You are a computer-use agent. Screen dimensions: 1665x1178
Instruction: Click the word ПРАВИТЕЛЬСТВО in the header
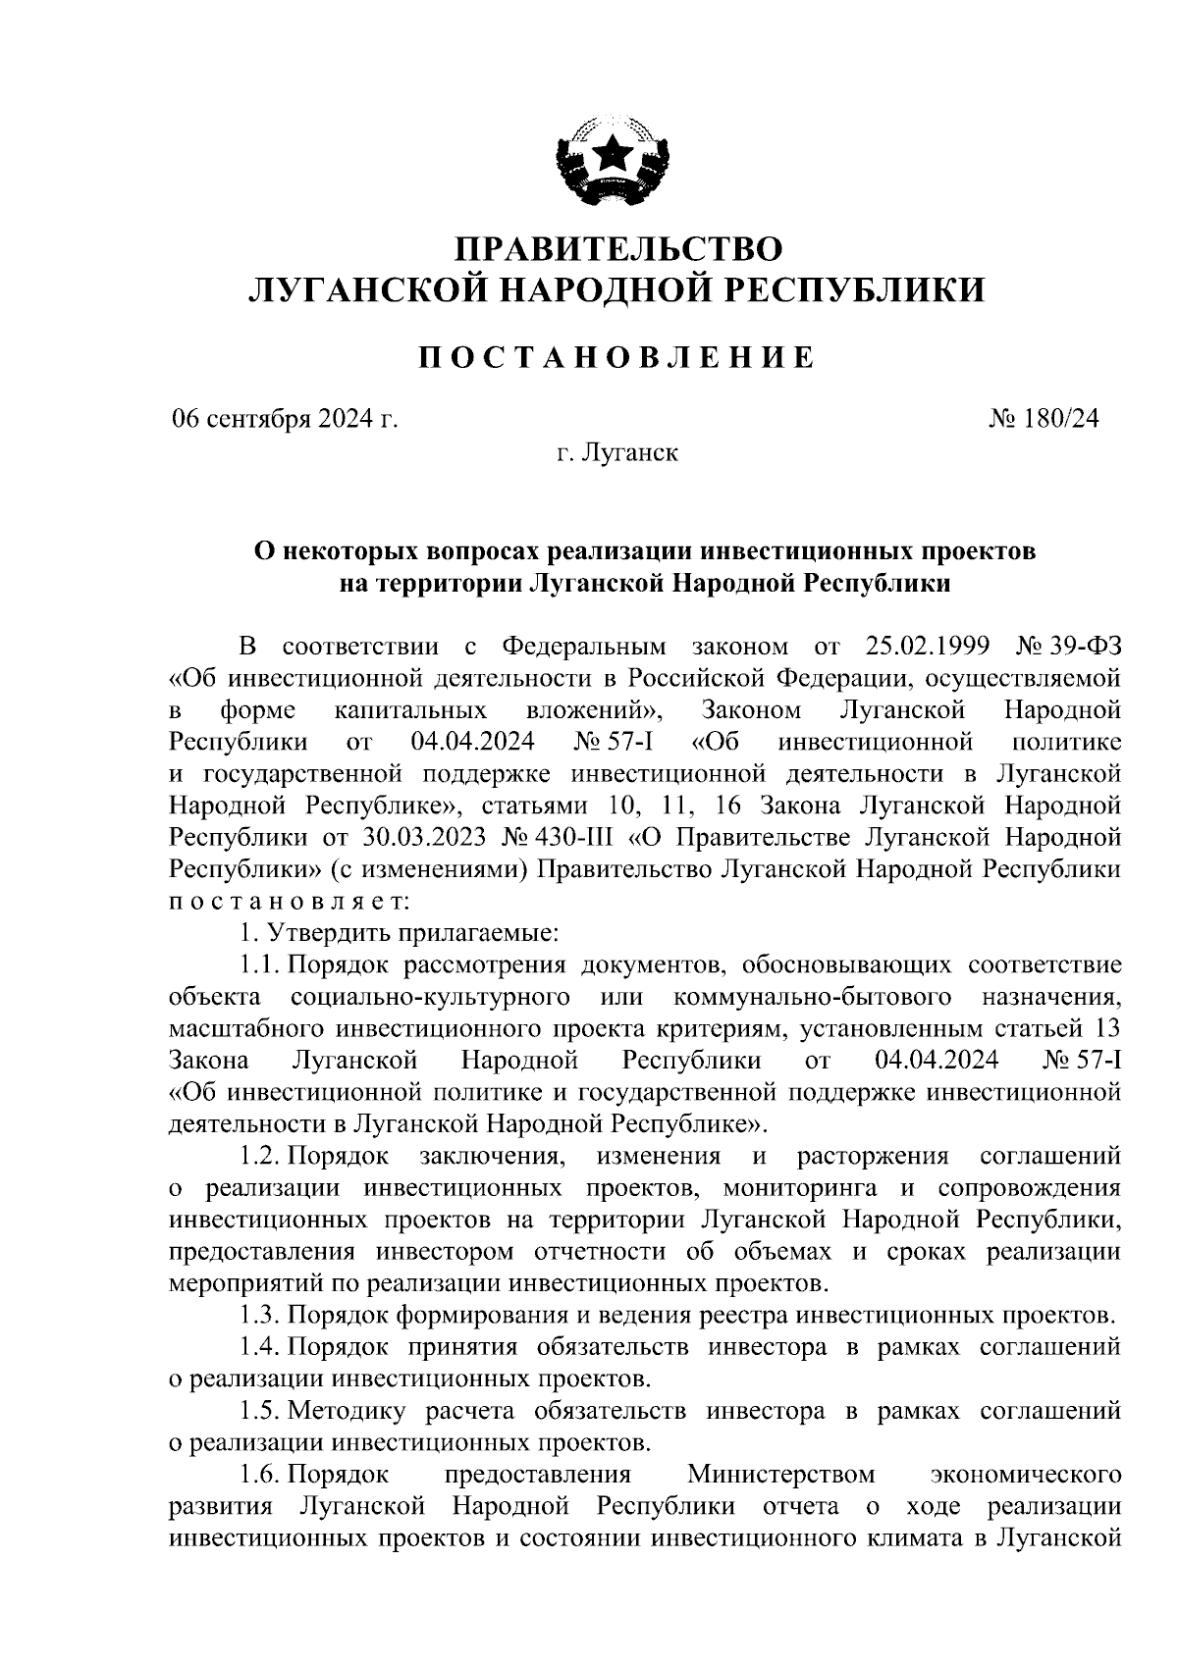pyautogui.click(x=616, y=246)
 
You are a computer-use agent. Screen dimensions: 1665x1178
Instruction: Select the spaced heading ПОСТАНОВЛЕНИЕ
pyautogui.click(x=616, y=357)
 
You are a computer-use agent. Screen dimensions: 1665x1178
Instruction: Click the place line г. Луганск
pyautogui.click(x=616, y=453)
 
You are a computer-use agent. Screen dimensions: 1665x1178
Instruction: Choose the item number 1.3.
pyautogui.click(x=260, y=1316)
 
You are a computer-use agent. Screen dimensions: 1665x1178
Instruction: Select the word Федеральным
pyautogui.click(x=583, y=648)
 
